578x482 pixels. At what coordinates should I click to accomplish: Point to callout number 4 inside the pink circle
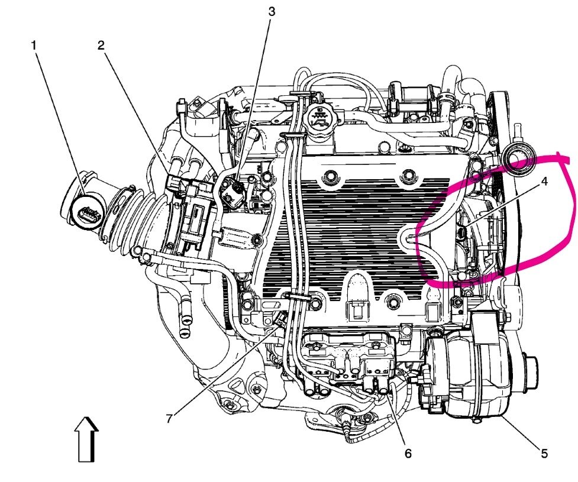click(544, 182)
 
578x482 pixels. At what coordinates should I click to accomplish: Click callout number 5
click(544, 454)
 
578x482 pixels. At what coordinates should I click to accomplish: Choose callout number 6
click(407, 454)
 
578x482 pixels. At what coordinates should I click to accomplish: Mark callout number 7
click(169, 419)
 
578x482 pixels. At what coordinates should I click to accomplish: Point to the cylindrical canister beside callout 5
click(467, 379)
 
